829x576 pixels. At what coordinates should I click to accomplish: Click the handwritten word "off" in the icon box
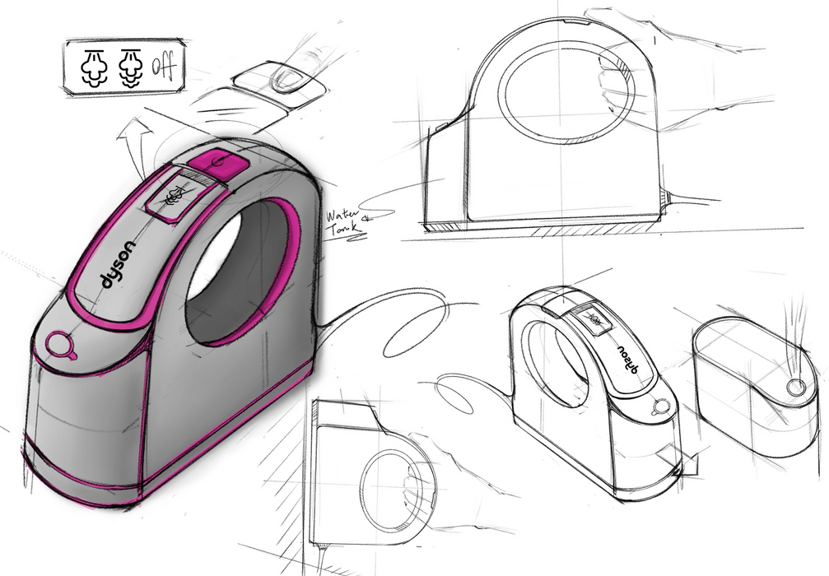163,63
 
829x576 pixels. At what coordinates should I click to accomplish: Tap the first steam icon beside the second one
93,63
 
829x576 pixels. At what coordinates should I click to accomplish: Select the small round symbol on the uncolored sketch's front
659,406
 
